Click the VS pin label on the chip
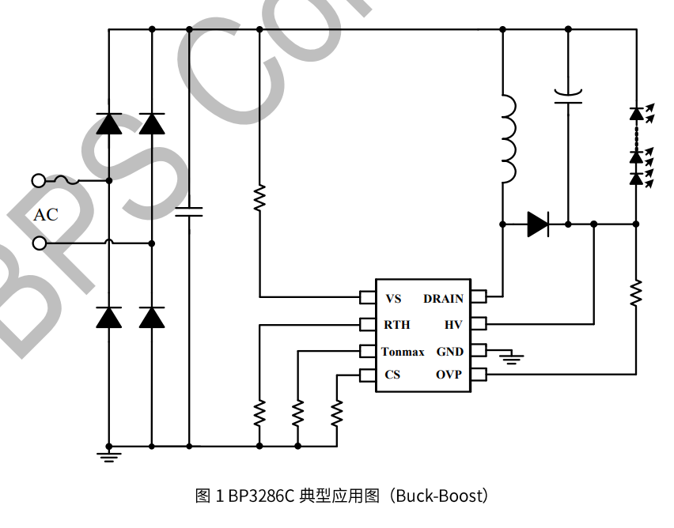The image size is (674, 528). tap(393, 299)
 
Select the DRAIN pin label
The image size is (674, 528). tap(443, 299)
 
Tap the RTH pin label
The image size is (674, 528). tap(397, 325)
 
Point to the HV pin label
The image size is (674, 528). tap(453, 325)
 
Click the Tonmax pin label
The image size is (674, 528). tap(403, 352)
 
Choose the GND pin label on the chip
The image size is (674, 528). tap(450, 352)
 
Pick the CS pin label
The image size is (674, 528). tap(392, 375)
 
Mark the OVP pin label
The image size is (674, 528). tap(449, 375)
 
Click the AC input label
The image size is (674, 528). tap(46, 215)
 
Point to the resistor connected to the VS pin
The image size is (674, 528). tap(259, 198)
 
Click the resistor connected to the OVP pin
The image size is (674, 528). tap(635, 292)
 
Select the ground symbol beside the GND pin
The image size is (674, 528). tap(513, 359)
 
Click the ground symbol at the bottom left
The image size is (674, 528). tap(108, 454)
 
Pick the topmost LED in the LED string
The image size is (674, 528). tap(636, 114)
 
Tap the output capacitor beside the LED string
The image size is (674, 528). tap(568, 97)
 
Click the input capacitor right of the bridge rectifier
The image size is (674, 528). tap(189, 212)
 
